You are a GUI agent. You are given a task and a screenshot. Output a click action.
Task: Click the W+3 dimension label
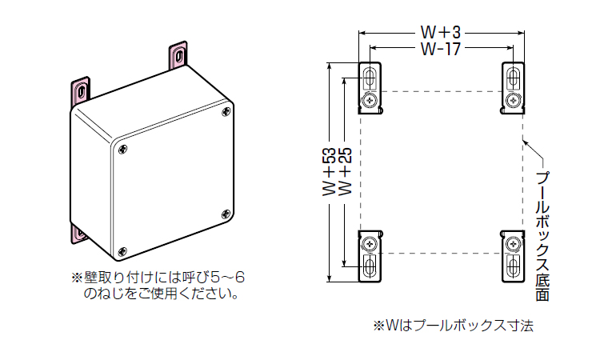[440, 33]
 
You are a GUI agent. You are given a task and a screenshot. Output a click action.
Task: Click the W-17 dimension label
[440, 50]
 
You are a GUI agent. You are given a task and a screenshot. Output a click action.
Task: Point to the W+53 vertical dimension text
[329, 172]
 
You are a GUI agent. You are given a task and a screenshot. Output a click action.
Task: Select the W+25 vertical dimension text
[346, 172]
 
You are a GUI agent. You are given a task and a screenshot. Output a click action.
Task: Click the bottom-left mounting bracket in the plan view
[370, 254]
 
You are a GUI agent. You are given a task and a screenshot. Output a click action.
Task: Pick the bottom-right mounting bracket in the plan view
[513, 254]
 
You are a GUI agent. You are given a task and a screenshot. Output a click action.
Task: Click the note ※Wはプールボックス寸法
[452, 326]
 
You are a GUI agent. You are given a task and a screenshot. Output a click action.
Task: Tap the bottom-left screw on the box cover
[121, 250]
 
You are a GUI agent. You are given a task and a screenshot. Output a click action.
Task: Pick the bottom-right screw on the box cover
[226, 213]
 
